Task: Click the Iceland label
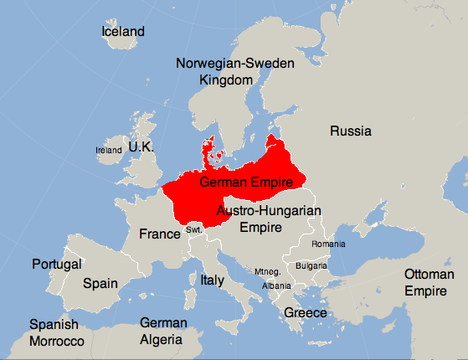tap(123, 32)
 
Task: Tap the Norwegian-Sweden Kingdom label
tap(226, 71)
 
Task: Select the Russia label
tap(351, 131)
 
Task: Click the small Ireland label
tap(109, 150)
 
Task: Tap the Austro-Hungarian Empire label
tap(269, 219)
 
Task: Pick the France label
tap(160, 234)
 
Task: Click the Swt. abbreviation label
tap(194, 229)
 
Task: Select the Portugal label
tap(57, 264)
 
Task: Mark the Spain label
tap(100, 284)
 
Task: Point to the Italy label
tap(213, 280)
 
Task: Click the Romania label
tap(327, 244)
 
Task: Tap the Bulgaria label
tap(311, 265)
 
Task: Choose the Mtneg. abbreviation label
tap(269, 271)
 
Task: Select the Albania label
tap(276, 285)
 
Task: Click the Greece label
tap(305, 312)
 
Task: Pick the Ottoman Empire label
tap(429, 283)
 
